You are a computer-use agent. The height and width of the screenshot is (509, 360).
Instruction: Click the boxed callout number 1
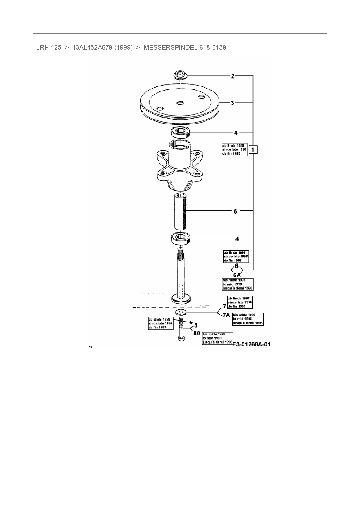(x=253, y=150)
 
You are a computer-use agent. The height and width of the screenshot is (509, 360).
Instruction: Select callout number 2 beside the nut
(x=233, y=76)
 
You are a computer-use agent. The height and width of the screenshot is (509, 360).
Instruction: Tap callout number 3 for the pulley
(x=232, y=103)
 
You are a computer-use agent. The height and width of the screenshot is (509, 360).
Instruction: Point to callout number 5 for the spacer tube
(x=235, y=211)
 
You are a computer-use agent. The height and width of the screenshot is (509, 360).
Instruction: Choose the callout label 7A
(x=226, y=315)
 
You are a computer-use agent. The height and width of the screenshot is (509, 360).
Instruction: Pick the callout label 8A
(x=197, y=333)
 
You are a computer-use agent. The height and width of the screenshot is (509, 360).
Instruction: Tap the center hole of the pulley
(x=180, y=102)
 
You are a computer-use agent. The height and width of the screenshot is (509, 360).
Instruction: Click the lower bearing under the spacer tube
(x=180, y=239)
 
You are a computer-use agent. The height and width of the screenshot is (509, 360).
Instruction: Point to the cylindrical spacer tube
(x=180, y=212)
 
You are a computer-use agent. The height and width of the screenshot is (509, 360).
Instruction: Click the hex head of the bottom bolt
(x=180, y=339)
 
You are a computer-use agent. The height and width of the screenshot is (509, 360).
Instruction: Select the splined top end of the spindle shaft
(x=180, y=254)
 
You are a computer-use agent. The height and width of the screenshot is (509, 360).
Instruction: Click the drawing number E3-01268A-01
(x=251, y=344)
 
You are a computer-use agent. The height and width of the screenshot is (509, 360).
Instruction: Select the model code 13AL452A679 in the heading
(x=92, y=48)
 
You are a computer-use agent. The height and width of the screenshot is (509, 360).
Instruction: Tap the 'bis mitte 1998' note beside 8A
(x=217, y=338)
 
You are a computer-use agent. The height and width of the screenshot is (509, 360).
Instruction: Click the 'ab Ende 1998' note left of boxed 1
(x=234, y=149)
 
